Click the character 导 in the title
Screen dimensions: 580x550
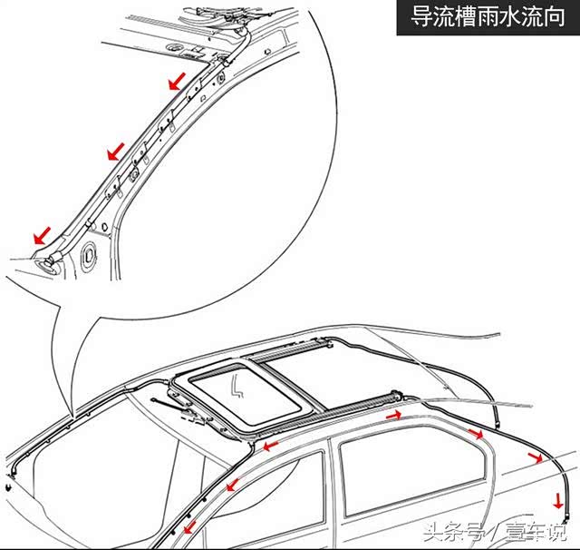pos(421,17)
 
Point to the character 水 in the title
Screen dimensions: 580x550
pos(510,17)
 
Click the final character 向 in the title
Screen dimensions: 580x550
pos(554,17)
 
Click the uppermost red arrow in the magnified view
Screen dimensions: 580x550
pos(177,81)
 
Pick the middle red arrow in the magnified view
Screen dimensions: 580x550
pos(116,151)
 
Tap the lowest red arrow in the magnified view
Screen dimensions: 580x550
pos(43,236)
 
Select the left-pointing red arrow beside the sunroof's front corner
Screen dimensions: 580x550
pos(270,446)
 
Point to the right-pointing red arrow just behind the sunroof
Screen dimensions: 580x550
pos(394,416)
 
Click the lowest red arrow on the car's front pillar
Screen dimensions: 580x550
pos(189,526)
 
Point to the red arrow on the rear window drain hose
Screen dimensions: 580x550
pos(535,458)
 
